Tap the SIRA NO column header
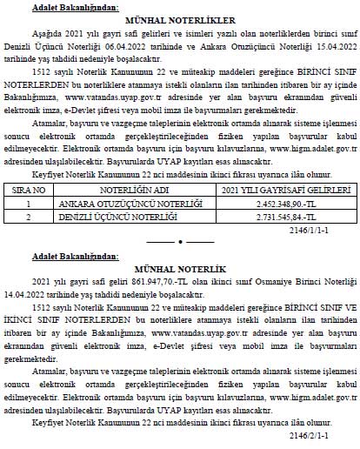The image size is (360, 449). tap(29, 188)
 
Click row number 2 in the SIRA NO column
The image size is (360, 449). tap(29, 215)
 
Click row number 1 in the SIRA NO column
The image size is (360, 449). tap(29, 202)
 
